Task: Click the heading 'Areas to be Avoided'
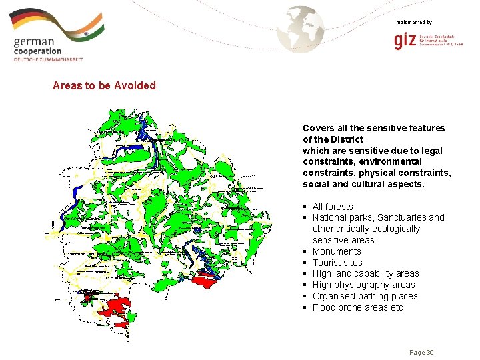pos(104,85)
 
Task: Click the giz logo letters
pos(405,42)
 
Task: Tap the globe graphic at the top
pos(301,27)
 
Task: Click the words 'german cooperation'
pos(37,46)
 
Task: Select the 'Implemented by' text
pos(413,23)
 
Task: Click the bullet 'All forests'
pos(333,207)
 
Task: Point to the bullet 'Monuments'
pos(337,251)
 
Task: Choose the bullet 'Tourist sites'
pos(337,263)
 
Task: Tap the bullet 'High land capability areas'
pos(365,273)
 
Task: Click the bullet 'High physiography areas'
pos(363,285)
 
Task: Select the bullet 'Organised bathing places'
pos(365,296)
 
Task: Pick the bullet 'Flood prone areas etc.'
pos(359,307)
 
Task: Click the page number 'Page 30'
pos(421,352)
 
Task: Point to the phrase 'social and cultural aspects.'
pos(363,184)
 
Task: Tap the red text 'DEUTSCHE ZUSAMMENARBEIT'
pos(49,59)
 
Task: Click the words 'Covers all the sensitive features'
pos(373,128)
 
